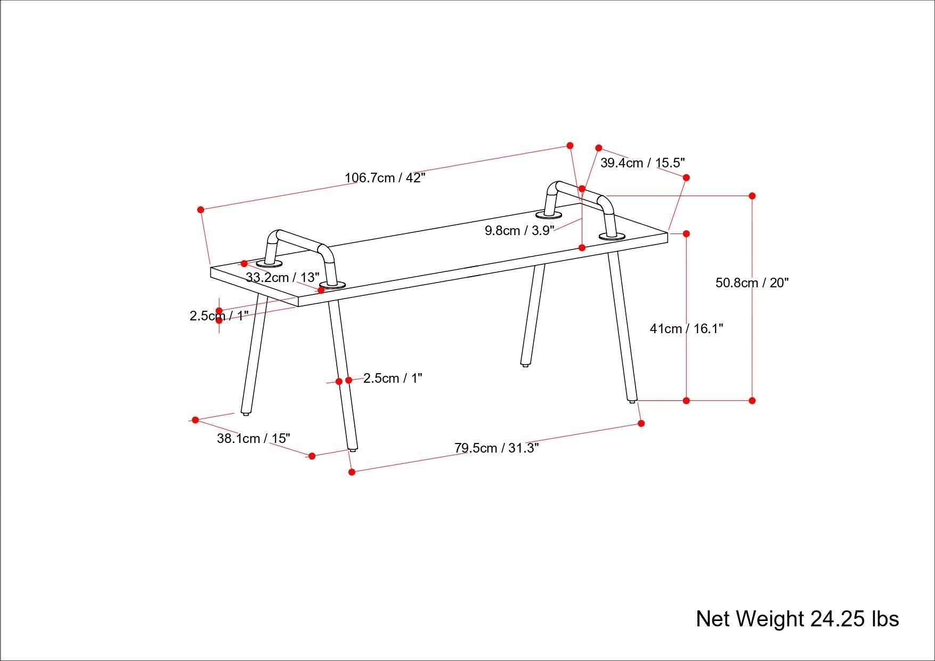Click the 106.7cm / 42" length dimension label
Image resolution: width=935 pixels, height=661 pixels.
[x=385, y=178]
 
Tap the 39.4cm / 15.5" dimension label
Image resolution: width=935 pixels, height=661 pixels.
[x=642, y=163]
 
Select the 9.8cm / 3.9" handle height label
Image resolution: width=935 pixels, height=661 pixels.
[x=519, y=230]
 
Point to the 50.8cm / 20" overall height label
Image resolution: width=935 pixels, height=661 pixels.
[x=752, y=283]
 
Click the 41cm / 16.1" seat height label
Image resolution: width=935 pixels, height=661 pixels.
[x=686, y=328]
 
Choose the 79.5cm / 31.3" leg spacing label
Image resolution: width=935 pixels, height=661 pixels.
[x=497, y=448]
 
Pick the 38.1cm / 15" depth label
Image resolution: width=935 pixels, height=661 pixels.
[x=254, y=438]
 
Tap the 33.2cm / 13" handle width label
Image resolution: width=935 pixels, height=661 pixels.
[x=282, y=277]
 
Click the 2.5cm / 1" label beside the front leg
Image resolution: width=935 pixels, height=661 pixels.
[x=393, y=378]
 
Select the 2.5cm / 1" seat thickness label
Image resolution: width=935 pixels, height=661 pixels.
[x=219, y=316]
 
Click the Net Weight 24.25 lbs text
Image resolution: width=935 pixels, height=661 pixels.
[x=797, y=618]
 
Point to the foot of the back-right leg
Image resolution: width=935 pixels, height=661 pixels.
[x=525, y=365]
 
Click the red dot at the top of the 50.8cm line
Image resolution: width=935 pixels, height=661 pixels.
[x=752, y=196]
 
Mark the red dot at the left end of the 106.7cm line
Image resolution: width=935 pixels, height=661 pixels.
[x=201, y=210]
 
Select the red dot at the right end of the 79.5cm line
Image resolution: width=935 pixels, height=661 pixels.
[x=641, y=423]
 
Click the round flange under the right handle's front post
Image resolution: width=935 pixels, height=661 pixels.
[x=612, y=236]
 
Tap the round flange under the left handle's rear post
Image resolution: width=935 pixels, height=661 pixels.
[x=270, y=263]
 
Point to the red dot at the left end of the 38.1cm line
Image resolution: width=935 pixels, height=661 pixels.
[x=196, y=420]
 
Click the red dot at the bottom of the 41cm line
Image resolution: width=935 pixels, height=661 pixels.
[x=686, y=400]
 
